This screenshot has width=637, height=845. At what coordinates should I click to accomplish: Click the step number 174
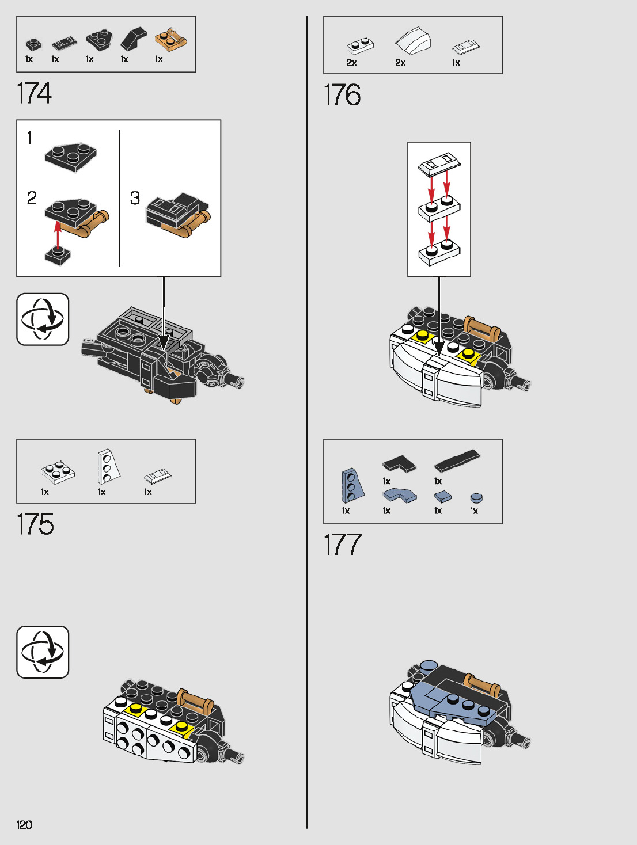pos(34,93)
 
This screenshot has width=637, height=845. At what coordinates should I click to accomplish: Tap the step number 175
pos(35,524)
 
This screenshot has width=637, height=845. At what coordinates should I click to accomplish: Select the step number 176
pos(342,95)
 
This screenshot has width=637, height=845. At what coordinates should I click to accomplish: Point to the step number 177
pos(342,545)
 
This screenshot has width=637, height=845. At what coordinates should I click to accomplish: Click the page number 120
pos(24,825)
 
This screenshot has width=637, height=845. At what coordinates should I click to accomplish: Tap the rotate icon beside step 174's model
pos(43,319)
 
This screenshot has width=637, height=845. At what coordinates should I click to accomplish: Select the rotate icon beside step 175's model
pos(43,652)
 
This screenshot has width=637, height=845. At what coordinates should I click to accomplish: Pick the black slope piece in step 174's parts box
pos(134,39)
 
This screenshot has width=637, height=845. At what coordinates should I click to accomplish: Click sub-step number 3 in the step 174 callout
pos(135,198)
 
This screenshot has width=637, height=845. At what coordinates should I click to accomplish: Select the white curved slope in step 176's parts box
pos(413,41)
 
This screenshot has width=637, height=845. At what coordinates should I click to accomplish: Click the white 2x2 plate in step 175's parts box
pos(58,472)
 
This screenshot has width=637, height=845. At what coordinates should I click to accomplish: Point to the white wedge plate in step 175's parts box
pos(108,467)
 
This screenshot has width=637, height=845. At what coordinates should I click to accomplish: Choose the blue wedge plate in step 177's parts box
pos(352,485)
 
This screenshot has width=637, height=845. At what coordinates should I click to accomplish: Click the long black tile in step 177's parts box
pos(457,461)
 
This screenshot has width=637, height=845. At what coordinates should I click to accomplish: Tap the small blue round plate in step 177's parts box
pos(476,498)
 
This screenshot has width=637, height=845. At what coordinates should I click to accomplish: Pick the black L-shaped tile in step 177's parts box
pos(399,463)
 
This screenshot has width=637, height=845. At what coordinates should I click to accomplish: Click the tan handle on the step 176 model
pos(482,326)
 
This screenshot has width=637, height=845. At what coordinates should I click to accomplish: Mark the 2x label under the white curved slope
pos(400,63)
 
